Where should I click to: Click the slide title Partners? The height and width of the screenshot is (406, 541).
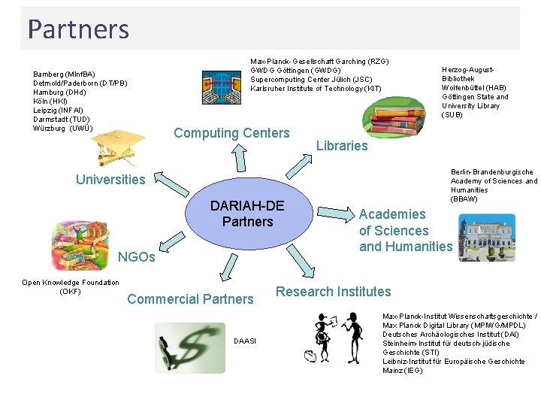pyautogui.click(x=79, y=29)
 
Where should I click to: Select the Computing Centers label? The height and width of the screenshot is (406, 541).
pyautogui.click(x=231, y=134)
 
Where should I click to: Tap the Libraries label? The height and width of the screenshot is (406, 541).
pyautogui.click(x=342, y=146)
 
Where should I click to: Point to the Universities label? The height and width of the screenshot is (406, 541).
pyautogui.click(x=110, y=179)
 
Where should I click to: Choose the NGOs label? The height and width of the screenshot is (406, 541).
pyautogui.click(x=137, y=258)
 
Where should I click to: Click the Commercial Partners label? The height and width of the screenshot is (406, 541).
pyautogui.click(x=190, y=299)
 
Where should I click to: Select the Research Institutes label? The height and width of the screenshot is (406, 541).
pyautogui.click(x=334, y=292)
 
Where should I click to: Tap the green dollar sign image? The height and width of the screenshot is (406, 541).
pyautogui.click(x=190, y=347)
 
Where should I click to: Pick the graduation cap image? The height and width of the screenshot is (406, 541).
pyautogui.click(x=120, y=144)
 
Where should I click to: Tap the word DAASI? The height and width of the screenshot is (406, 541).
pyautogui.click(x=245, y=341)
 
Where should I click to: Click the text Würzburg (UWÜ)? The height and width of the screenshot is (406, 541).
pyautogui.click(x=63, y=128)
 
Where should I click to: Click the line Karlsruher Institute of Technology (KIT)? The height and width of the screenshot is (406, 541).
pyautogui.click(x=316, y=89)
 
